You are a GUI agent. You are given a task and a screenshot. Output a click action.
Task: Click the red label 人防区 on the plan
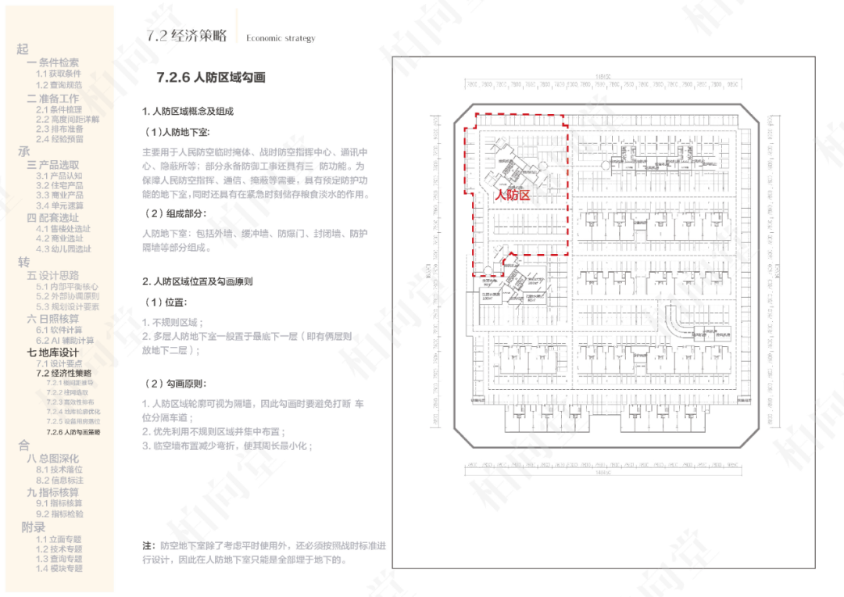click(513, 196)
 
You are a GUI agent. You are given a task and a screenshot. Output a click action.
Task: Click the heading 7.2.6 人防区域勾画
click(211, 77)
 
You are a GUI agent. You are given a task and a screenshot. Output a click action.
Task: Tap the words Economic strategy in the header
click(281, 38)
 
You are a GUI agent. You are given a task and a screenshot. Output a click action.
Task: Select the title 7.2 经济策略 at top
click(187, 35)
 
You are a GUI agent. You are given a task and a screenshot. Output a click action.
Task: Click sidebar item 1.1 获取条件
click(59, 73)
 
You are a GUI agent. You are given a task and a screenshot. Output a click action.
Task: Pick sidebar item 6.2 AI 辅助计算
click(65, 340)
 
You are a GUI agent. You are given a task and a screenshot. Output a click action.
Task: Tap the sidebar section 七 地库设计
click(53, 352)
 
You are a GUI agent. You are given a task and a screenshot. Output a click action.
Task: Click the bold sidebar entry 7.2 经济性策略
click(63, 374)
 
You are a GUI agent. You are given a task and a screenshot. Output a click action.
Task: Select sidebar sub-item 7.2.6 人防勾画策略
click(73, 432)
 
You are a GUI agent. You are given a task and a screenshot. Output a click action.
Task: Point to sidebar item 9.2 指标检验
click(59, 514)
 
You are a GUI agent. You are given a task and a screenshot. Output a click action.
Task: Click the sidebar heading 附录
click(34, 527)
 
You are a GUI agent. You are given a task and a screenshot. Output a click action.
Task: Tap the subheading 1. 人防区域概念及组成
click(188, 112)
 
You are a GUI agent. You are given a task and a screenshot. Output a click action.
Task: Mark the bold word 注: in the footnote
click(148, 545)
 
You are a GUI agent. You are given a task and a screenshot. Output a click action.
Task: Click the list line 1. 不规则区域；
click(173, 322)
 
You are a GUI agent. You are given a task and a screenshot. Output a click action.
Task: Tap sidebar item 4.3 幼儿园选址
click(63, 249)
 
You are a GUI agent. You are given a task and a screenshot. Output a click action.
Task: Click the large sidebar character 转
click(23, 263)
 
